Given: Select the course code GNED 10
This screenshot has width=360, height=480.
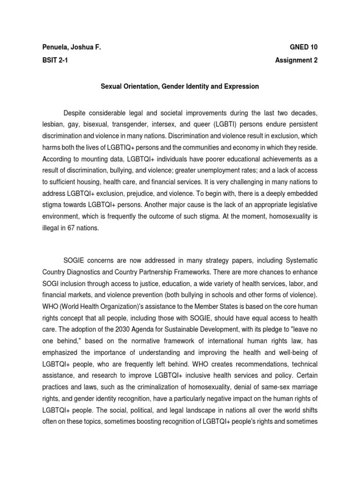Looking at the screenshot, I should [307, 47].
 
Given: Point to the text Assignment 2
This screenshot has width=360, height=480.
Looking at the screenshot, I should [299, 60].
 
